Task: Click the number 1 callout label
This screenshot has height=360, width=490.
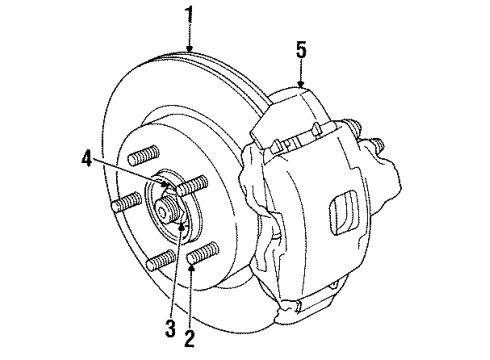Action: (189, 14)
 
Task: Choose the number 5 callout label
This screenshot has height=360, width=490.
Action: (301, 47)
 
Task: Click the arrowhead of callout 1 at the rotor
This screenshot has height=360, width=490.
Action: (189, 50)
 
